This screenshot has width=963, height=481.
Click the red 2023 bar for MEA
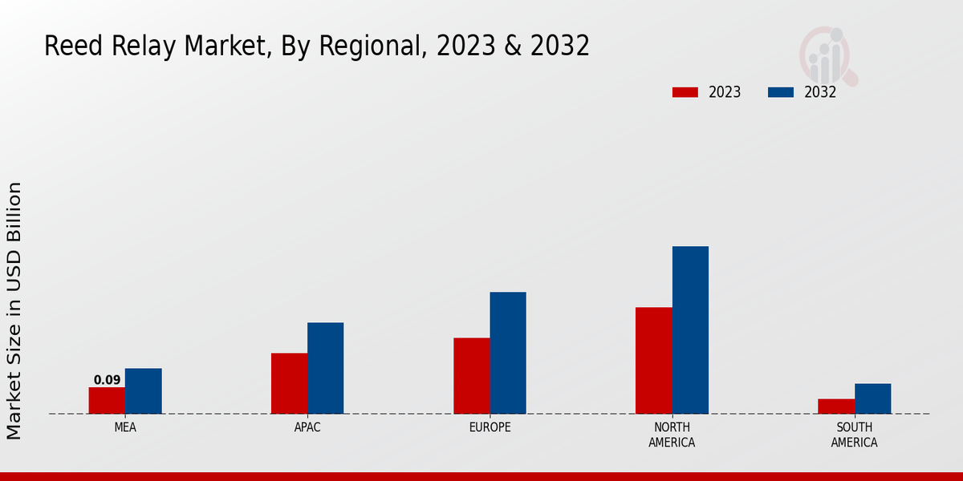[107, 401]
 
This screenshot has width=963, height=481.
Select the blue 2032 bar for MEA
[143, 391]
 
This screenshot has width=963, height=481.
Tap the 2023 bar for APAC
[289, 383]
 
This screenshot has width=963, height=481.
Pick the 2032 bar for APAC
[325, 368]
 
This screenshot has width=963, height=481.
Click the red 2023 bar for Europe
[471, 376]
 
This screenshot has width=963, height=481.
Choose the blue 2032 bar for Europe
[508, 353]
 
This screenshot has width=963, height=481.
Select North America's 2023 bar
[653, 361]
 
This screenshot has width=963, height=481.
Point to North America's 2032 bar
[690, 329]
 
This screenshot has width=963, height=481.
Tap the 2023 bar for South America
[835, 406]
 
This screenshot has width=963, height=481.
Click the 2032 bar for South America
[872, 398]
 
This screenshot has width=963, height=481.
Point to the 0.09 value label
[107, 380]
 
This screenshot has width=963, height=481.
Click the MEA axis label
[125, 427]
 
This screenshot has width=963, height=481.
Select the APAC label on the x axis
[307, 427]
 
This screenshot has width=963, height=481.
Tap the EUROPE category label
[490, 427]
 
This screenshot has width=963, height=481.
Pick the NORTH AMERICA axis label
[672, 435]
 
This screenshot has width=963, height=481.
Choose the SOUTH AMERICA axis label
[854, 435]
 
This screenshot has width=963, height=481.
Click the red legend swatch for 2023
[685, 92]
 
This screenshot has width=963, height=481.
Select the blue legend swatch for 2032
[780, 92]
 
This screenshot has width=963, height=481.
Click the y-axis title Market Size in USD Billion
[14, 310]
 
